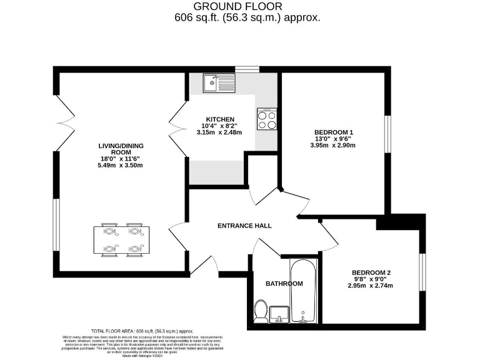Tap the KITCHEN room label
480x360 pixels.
tap(220, 119)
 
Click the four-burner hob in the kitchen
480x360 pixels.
tap(267, 119)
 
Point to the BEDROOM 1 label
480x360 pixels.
tap(334, 132)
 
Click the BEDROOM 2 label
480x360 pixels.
tap(371, 272)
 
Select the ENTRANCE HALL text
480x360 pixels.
tap(244, 226)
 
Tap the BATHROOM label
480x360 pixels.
tap(284, 284)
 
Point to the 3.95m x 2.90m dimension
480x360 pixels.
tap(334, 145)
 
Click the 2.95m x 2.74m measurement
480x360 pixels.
tap(371, 286)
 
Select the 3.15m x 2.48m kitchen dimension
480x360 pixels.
tap(219, 132)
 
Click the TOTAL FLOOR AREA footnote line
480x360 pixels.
tap(142, 331)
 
